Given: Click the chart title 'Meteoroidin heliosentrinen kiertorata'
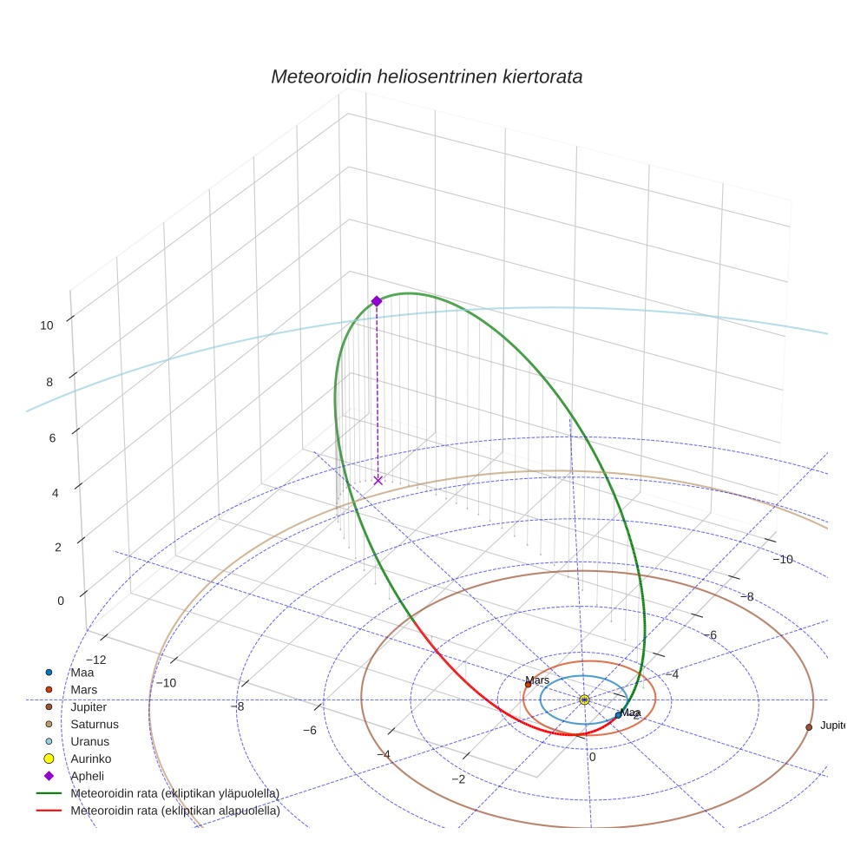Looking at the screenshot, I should (426, 76).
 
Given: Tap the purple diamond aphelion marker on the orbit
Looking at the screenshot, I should (377, 301).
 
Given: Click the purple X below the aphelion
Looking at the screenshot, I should (378, 480).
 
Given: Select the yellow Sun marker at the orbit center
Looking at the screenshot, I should (584, 700).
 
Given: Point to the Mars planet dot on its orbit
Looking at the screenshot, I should (528, 685).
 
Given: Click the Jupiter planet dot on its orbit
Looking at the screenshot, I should (809, 726).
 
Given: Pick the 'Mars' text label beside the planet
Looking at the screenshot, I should (538, 680).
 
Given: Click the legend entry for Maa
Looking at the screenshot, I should (82, 672).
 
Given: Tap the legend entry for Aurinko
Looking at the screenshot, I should (91, 759).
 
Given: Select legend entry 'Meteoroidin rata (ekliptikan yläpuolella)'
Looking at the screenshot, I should (174, 793).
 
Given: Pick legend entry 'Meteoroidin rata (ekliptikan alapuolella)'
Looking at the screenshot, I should (174, 811).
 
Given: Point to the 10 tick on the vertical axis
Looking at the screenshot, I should (47, 325).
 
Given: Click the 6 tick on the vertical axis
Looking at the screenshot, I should (53, 437).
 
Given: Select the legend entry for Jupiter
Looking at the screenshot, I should (89, 706).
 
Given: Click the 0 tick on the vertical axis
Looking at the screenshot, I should (61, 601).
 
